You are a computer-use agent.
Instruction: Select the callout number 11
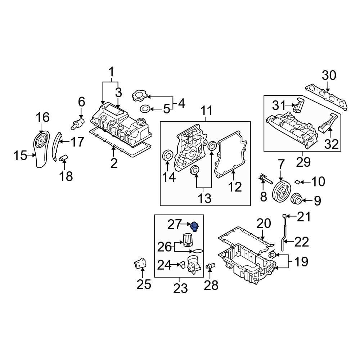coord(207,111)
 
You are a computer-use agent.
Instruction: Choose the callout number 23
coord(180,288)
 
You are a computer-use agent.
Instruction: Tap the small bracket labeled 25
coord(139,265)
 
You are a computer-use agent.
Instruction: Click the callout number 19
coord(301,262)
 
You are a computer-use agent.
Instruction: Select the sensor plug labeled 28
coord(209,266)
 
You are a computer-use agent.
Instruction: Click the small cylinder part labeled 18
coord(63,158)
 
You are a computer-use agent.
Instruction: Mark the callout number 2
coord(114,163)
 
